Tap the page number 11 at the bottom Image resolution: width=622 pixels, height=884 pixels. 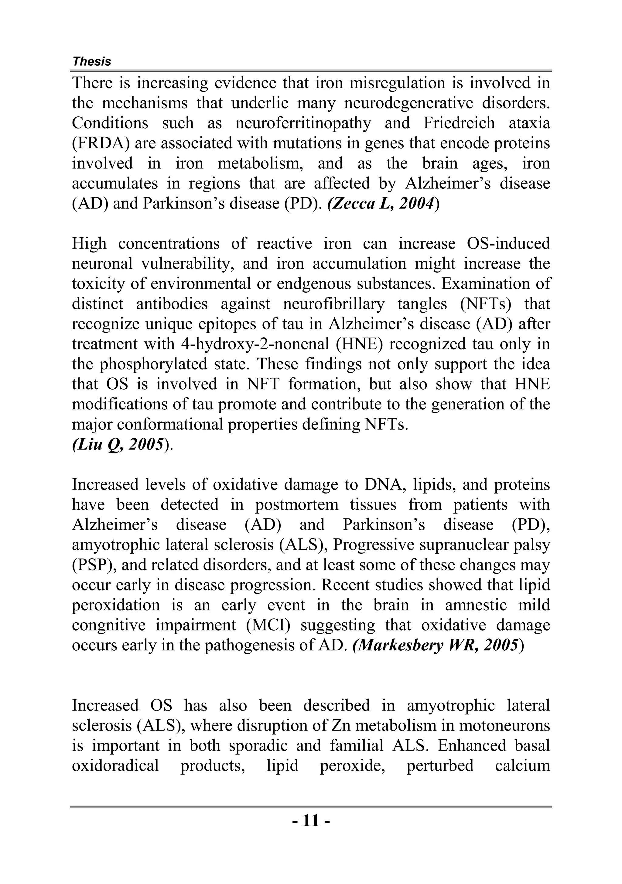pos(311,820)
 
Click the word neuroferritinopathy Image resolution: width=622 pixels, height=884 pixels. pos(303,123)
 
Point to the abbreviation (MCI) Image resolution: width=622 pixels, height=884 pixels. pos(268,625)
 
